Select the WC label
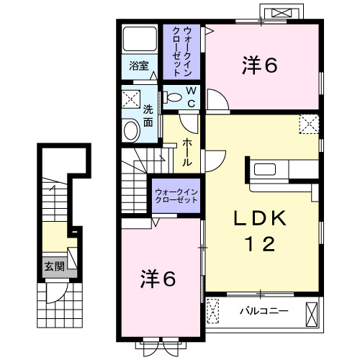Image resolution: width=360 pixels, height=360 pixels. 192,96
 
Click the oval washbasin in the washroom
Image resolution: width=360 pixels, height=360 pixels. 132,130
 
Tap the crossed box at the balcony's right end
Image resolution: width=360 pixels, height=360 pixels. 312,312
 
